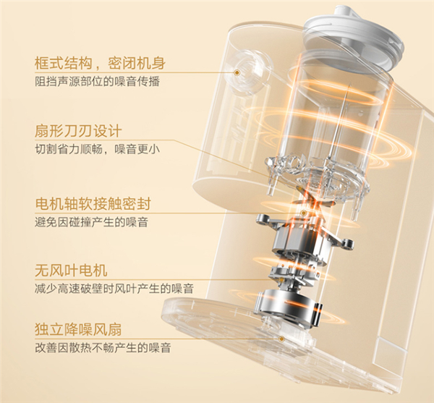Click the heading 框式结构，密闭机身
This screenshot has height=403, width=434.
[100, 63]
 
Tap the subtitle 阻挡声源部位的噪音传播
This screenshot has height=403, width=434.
[98, 82]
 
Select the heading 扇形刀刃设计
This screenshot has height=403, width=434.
[78, 131]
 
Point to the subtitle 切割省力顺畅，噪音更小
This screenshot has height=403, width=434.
[98, 149]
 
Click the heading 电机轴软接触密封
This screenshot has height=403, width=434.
[93, 204]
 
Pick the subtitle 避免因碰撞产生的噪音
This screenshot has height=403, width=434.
[92, 222]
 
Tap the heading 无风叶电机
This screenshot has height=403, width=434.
[71, 270]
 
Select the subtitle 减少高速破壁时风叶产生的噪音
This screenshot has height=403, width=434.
[114, 289]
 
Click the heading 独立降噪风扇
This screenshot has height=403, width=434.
[78, 329]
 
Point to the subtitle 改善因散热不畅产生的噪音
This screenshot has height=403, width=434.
[103, 347]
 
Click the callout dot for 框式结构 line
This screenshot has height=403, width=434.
[237, 73]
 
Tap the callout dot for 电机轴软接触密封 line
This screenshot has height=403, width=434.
[304, 213]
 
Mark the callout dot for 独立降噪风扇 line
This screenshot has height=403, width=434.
[282, 339]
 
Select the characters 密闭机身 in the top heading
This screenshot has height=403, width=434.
[137, 63]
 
